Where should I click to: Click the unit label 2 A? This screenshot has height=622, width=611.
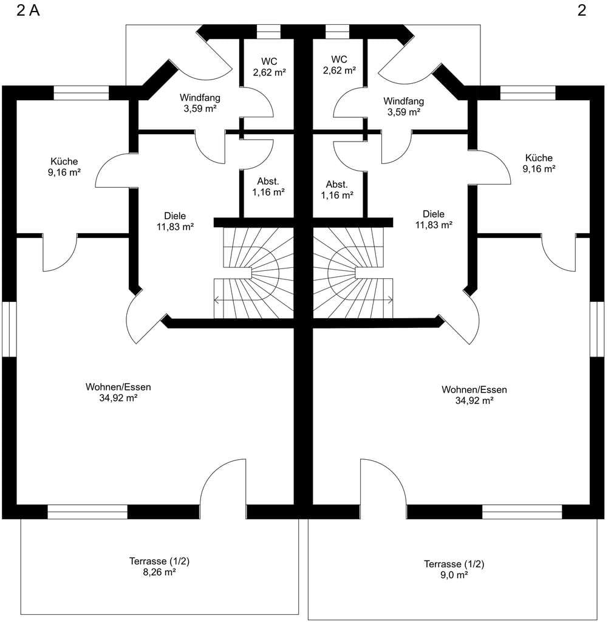click(x=28, y=11)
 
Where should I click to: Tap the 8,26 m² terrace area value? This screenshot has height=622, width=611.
click(x=160, y=572)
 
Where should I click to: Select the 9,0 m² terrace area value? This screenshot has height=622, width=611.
click(x=454, y=575)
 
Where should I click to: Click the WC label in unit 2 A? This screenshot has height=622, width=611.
click(x=269, y=61)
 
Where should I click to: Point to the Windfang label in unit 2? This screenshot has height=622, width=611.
click(x=403, y=101)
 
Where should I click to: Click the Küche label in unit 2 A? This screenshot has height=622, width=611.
click(x=64, y=162)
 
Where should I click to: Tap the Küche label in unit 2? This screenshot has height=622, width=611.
click(x=539, y=158)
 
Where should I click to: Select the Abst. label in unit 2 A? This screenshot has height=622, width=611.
click(x=268, y=181)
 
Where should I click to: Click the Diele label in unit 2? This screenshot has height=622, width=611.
click(x=434, y=214)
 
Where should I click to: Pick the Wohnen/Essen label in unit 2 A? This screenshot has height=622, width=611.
click(x=118, y=387)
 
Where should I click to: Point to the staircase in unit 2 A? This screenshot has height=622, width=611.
click(x=254, y=273)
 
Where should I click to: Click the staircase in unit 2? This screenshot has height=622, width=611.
click(x=353, y=273)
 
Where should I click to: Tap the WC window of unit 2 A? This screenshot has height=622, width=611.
click(x=268, y=32)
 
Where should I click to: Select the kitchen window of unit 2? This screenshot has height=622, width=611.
click(x=528, y=93)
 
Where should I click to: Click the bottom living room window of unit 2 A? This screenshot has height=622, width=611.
click(x=87, y=511)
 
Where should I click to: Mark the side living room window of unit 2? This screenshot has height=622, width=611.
click(x=596, y=329)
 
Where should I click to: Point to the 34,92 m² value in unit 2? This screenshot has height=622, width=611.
click(x=474, y=401)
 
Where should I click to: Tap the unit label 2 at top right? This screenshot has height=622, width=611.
click(x=582, y=11)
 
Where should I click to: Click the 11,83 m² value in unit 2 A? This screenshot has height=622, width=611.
click(x=175, y=227)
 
